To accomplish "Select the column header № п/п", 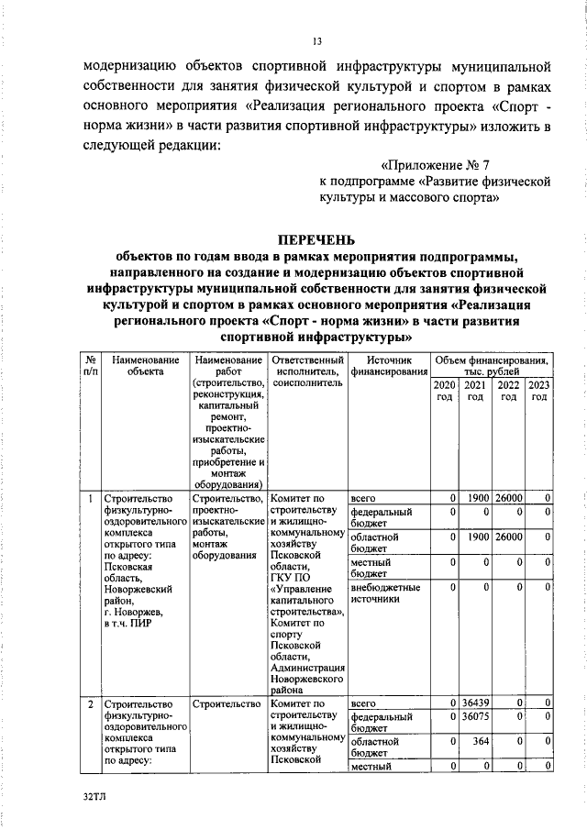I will point(90,366).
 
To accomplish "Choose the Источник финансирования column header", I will point(388,366).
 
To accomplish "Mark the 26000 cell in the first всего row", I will point(508,498).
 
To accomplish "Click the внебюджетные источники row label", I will point(385,593).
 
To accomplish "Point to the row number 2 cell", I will point(90,703).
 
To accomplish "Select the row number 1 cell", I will point(90,499).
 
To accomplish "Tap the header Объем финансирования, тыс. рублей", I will point(492,366).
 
